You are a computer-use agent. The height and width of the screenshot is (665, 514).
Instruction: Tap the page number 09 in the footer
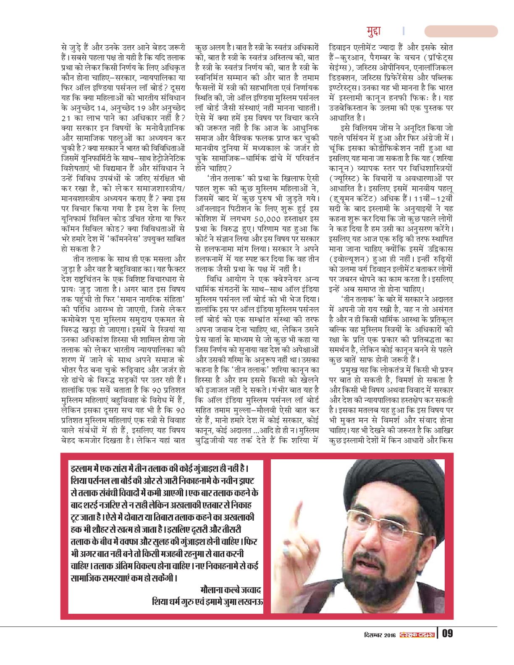click(x=447, y=633)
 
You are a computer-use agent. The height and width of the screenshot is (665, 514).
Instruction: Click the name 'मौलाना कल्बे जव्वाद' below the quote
click(x=231, y=589)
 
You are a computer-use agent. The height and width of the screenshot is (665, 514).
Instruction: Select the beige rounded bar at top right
click(x=461, y=31)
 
